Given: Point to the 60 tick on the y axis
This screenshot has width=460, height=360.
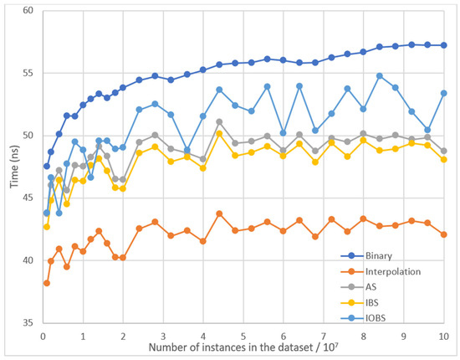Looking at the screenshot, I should [x=28, y=11].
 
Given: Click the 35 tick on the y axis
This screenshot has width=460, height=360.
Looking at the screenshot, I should [x=28, y=323].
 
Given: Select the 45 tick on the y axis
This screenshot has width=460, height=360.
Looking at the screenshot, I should [x=28, y=198].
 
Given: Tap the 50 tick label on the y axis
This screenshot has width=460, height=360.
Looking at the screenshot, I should [x=28, y=136].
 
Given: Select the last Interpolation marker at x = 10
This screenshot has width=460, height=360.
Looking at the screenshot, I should [x=443, y=234].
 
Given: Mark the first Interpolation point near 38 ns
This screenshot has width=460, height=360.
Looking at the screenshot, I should [x=47, y=283].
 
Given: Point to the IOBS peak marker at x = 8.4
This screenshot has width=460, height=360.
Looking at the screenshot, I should [x=380, y=76].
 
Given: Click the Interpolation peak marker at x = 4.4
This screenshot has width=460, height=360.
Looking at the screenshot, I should [x=219, y=213].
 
